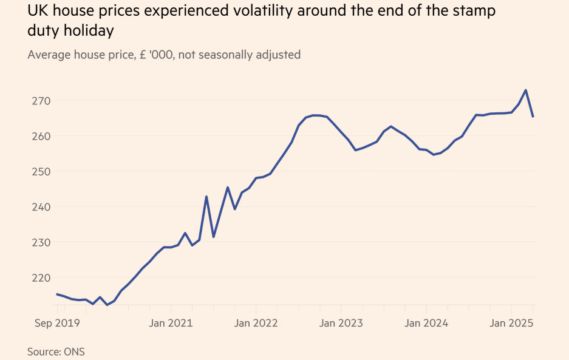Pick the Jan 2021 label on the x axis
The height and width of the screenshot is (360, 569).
(171, 323)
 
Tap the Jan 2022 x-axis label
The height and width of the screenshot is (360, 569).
(256, 323)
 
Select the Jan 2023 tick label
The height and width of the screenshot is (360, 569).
(341, 323)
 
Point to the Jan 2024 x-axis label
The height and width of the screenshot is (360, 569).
(426, 323)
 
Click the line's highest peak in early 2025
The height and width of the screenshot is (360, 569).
(526, 90)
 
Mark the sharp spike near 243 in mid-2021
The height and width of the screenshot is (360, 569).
(206, 197)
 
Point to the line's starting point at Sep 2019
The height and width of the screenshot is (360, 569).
(56, 294)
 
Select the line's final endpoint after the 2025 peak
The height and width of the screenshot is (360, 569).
(533, 117)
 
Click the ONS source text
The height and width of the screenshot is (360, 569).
(70, 351)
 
